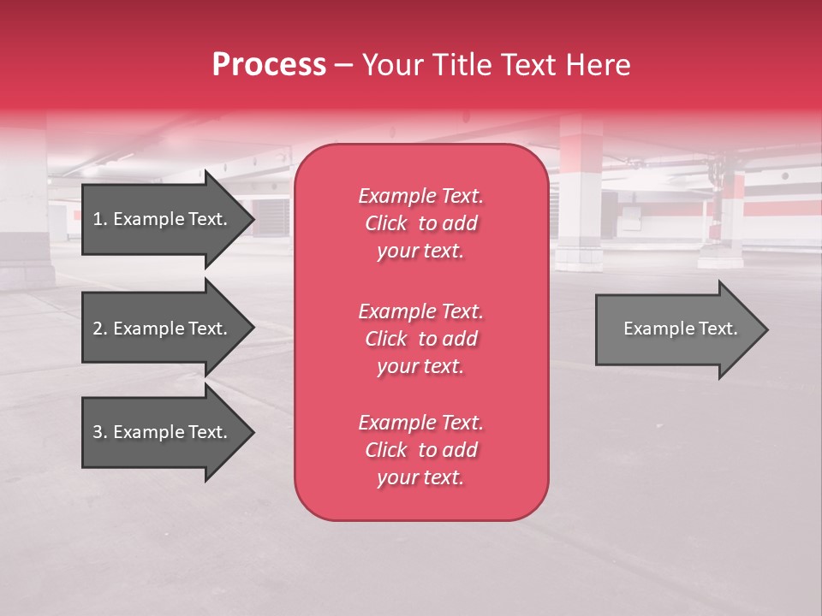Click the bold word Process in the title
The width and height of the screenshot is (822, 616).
pos(269,65)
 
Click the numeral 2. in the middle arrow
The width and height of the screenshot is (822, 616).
pos(99,329)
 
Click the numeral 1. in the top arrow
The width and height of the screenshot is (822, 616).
pos(99,219)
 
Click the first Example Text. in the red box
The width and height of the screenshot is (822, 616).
pos(420,196)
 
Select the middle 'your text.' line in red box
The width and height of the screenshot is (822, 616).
pos(420,366)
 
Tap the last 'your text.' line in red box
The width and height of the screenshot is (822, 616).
pos(420,478)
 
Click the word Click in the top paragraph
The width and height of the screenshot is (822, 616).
pos(386,223)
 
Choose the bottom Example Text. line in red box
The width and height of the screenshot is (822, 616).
pos(420,423)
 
